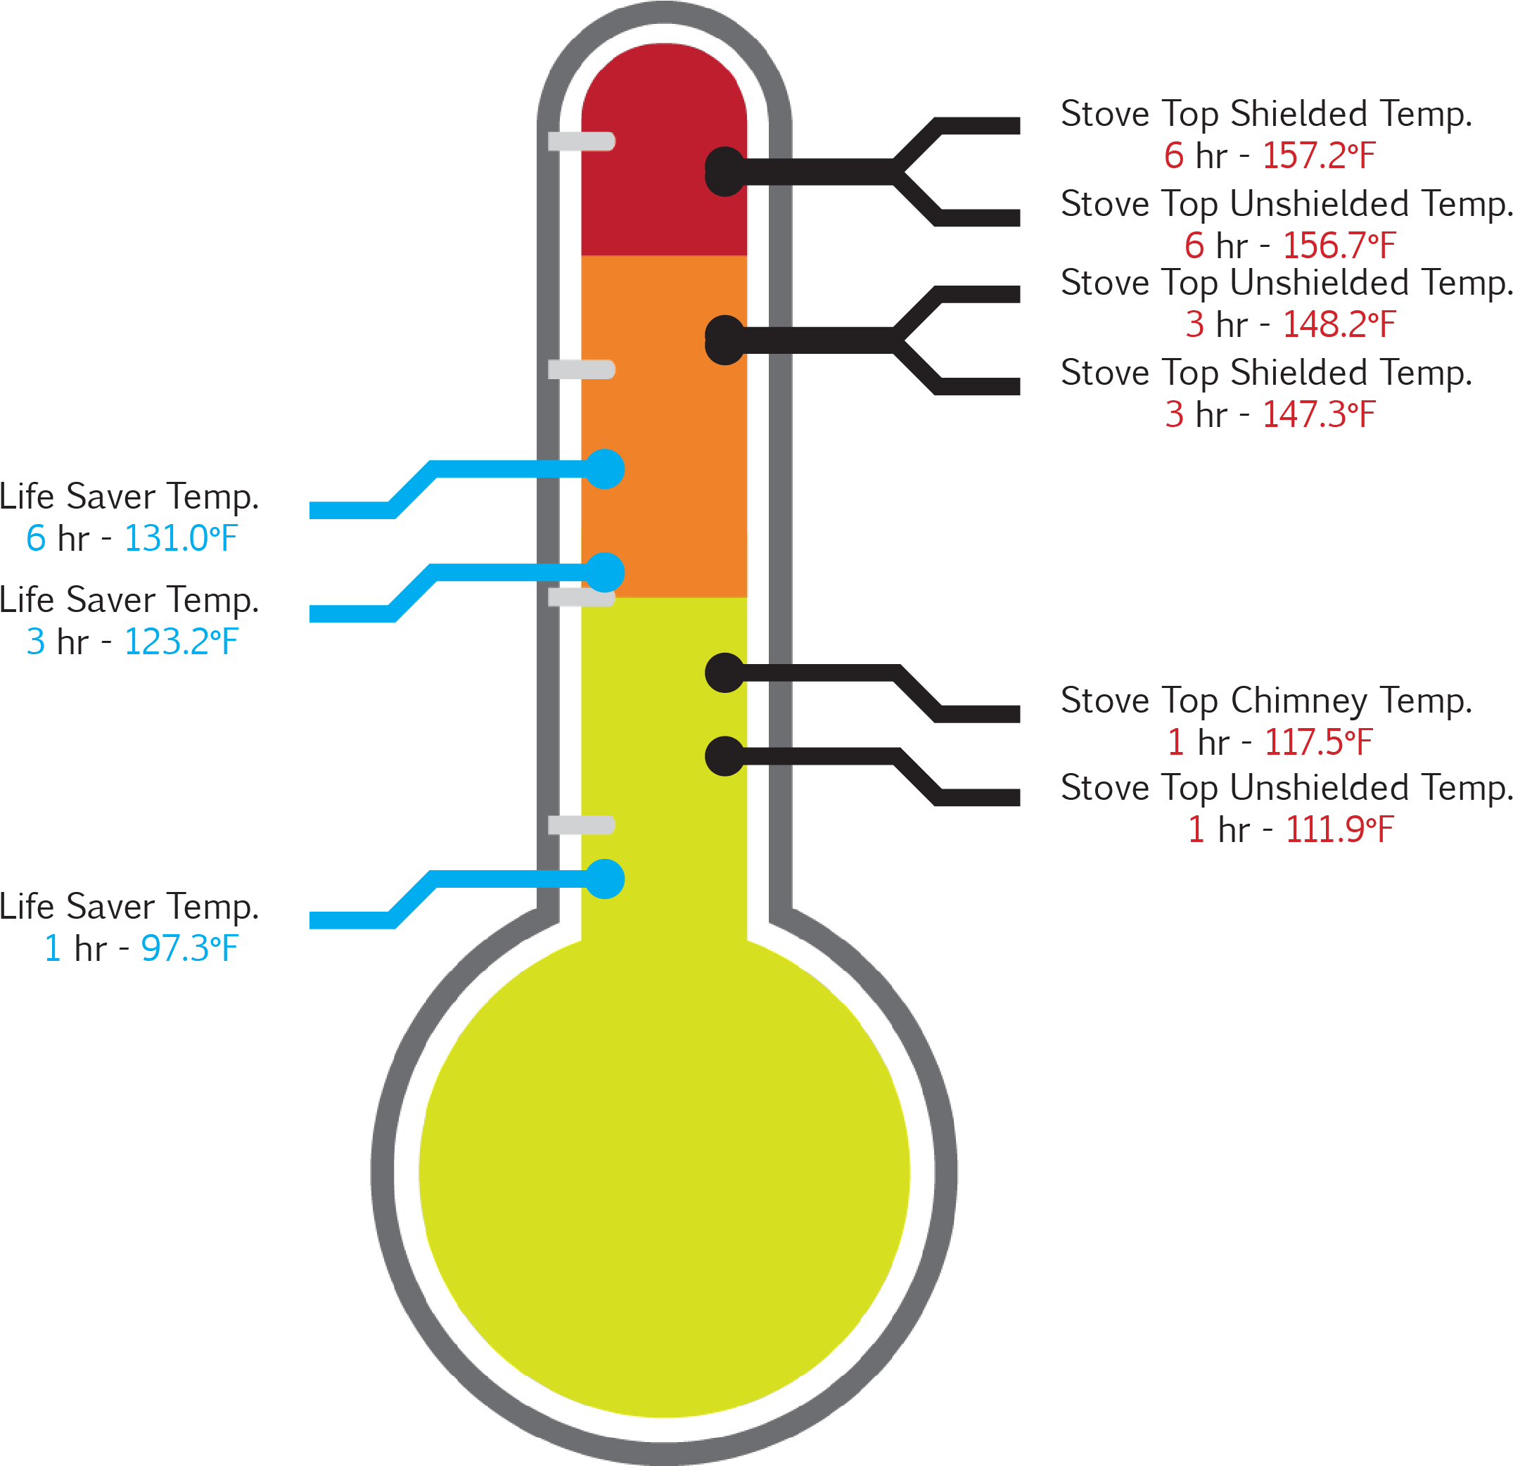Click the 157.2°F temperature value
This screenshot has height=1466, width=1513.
pos(1318,156)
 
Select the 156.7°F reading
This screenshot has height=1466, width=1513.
pos(1339,246)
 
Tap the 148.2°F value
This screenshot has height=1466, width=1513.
pos(1339,325)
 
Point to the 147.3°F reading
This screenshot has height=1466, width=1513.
pos(1318,415)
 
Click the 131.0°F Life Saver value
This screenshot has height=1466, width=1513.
pos(181,539)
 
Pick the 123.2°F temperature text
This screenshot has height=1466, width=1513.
pos(181,642)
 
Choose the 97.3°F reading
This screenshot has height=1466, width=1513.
pos(189,949)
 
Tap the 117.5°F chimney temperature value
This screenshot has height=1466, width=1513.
pos(1318,743)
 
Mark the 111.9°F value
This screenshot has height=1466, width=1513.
pos(1339,830)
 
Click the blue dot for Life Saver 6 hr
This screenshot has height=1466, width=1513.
pos(604,469)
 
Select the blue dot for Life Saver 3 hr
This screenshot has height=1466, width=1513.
pos(604,573)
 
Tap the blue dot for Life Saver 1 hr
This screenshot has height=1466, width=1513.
pos(604,879)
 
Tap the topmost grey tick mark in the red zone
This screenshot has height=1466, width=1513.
pos(581,141)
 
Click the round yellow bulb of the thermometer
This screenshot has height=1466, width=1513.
pos(664,1173)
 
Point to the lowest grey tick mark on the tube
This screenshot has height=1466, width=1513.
pos(581,825)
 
